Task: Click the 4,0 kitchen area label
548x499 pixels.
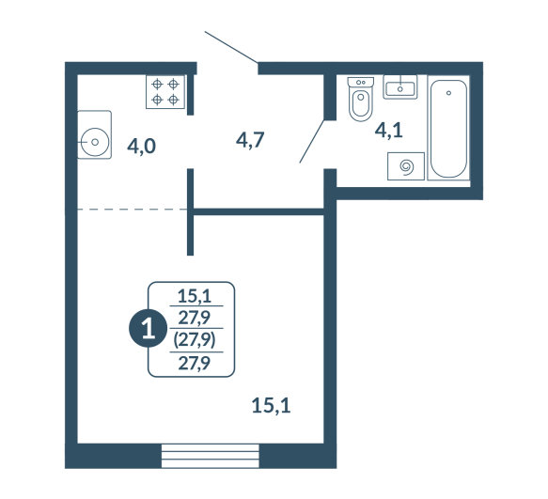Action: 141,146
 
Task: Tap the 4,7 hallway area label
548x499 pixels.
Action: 250,140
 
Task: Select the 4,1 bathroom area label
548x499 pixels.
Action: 388,131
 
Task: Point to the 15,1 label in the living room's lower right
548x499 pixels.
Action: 272,406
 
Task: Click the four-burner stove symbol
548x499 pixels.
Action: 164,92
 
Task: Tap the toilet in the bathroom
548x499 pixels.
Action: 361,100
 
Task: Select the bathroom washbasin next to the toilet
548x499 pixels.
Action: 400,86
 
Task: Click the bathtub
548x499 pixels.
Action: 448,128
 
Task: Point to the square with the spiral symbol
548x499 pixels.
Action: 406,166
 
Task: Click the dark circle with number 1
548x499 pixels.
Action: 149,329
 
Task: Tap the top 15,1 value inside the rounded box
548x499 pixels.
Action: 195,296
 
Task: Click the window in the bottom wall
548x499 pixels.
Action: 210,456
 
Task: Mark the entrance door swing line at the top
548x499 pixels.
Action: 231,47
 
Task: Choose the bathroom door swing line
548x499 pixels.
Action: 312,141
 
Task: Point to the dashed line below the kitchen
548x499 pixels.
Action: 133,210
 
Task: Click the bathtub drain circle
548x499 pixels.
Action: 448,93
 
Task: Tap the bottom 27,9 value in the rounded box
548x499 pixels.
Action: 195,364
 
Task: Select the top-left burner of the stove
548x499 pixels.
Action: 157,85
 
